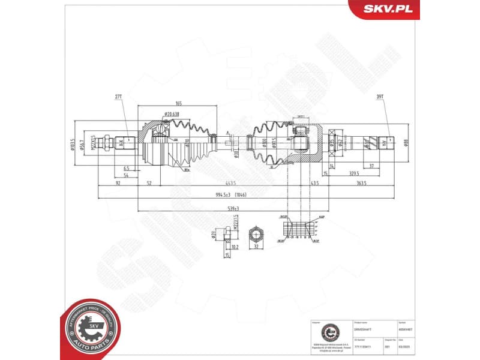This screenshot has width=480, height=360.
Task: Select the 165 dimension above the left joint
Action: point(178,104)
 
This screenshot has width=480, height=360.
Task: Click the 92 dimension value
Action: point(118,183)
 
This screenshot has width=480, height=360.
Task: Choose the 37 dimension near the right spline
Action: point(371,166)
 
